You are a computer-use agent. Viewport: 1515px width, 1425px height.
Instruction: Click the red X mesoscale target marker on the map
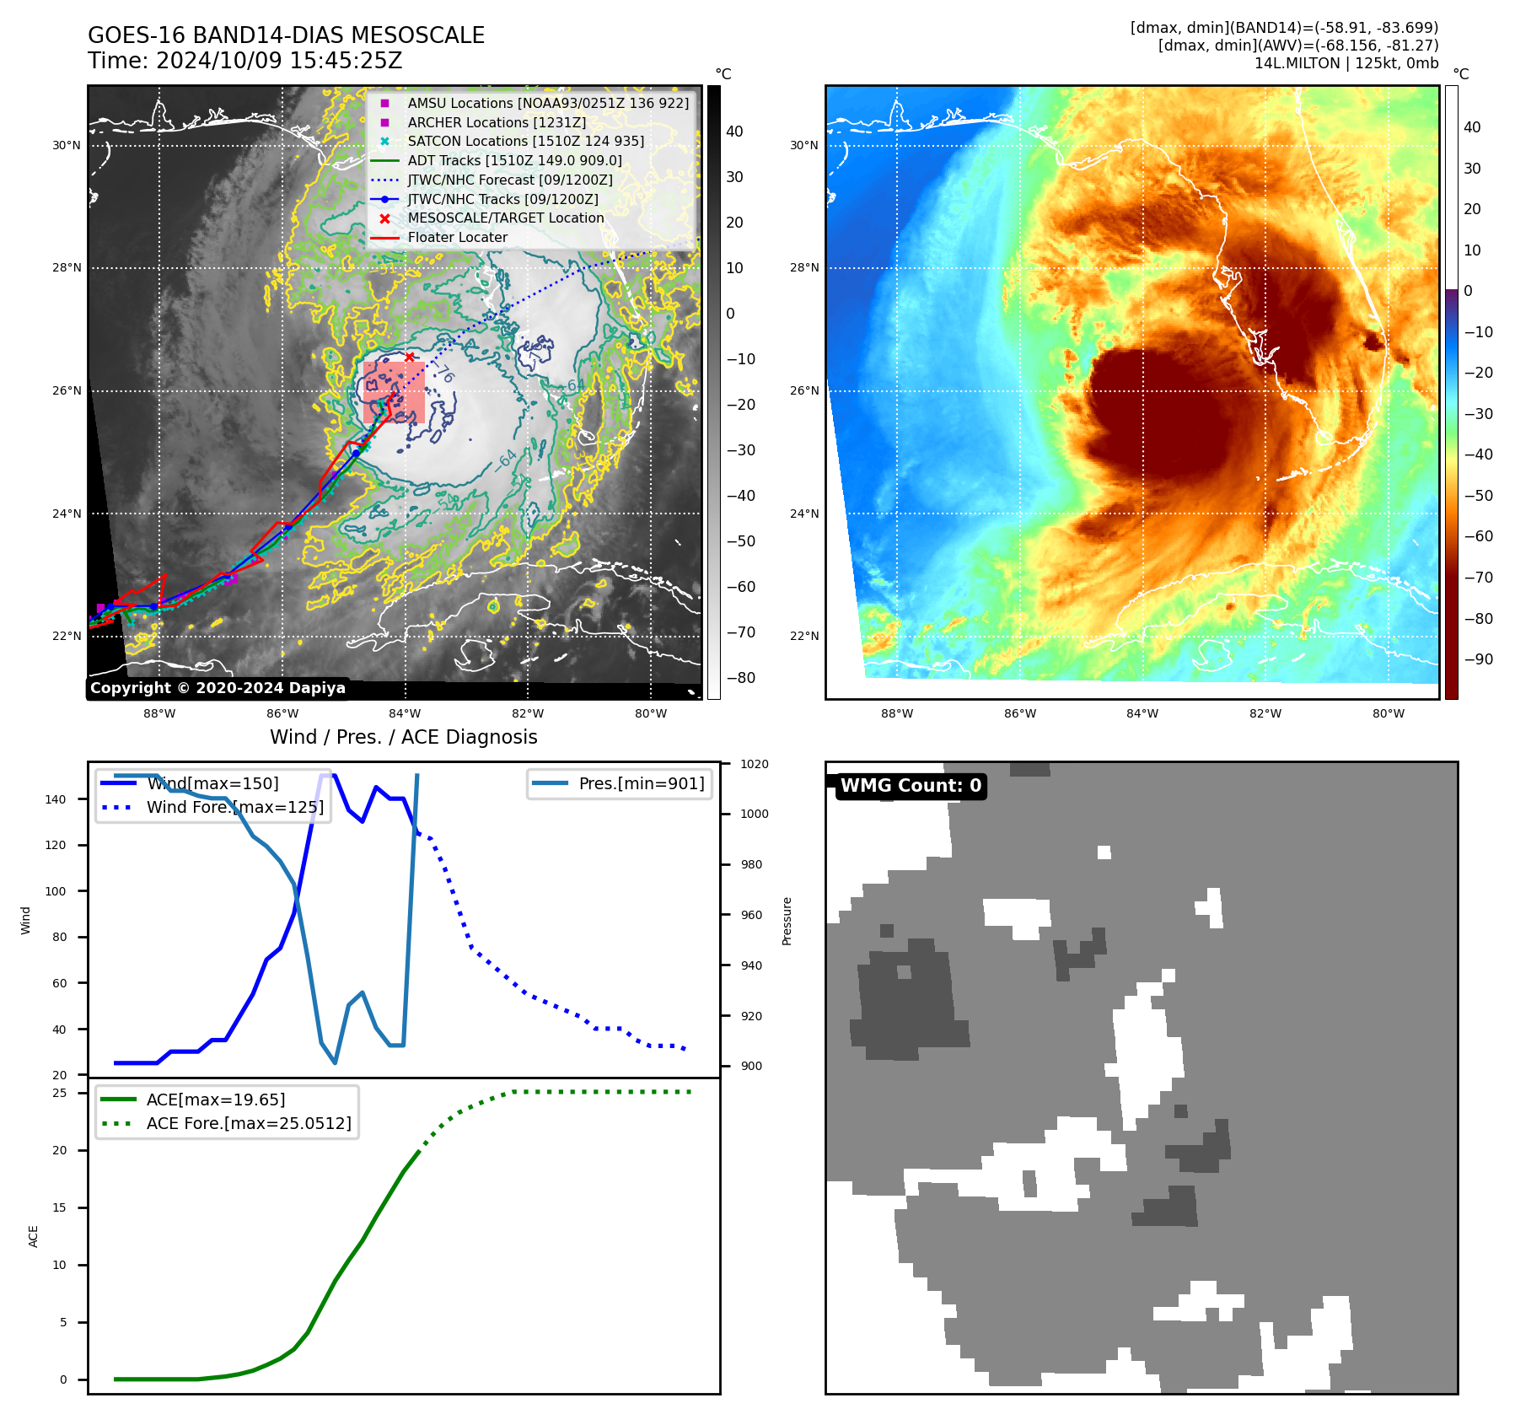(409, 358)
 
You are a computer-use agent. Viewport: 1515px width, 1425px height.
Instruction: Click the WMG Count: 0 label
(911, 786)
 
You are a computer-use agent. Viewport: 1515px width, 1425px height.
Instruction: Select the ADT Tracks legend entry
(514, 160)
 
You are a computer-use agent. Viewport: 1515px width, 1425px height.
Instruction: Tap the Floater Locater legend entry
(457, 238)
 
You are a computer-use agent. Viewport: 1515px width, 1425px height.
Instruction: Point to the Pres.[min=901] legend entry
(641, 783)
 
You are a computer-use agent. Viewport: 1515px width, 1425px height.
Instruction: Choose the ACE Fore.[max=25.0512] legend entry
(248, 1123)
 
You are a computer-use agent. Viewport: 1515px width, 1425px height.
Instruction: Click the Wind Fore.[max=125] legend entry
(234, 807)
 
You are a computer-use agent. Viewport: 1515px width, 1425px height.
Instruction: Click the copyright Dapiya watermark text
(218, 688)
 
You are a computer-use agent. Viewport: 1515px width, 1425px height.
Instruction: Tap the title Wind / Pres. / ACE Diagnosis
(403, 737)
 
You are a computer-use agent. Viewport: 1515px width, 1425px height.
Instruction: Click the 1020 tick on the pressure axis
(754, 764)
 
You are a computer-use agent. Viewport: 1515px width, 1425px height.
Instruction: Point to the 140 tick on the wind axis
(56, 799)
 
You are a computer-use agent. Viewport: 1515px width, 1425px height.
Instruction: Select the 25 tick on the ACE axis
(60, 1093)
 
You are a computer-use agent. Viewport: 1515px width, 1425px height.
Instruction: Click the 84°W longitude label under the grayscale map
(405, 713)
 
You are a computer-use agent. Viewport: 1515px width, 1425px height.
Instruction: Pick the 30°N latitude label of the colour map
(803, 145)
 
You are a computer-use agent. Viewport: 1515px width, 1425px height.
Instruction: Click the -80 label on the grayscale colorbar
(741, 678)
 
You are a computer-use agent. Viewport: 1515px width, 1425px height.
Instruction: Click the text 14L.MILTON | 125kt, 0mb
(1346, 63)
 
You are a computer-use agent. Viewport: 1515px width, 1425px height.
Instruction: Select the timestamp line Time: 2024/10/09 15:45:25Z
(244, 61)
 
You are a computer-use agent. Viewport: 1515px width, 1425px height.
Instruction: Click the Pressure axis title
(787, 921)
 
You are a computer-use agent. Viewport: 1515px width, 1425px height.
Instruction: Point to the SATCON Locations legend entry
(525, 141)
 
